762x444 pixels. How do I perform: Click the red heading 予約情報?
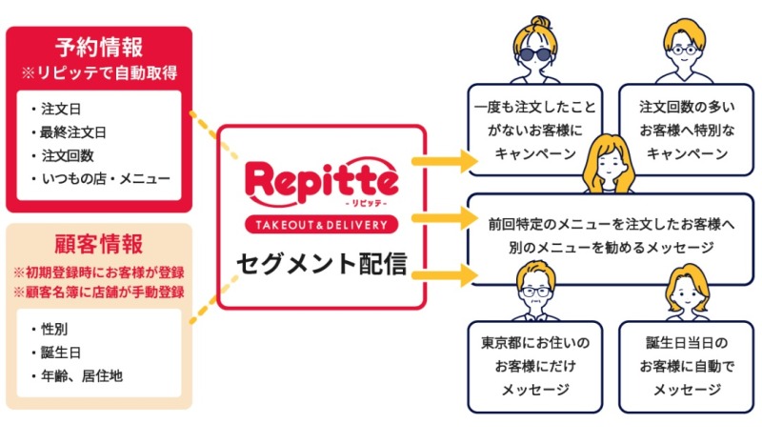click(99, 48)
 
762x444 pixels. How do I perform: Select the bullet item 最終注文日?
click(73, 132)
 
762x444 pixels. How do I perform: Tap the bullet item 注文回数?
click(67, 155)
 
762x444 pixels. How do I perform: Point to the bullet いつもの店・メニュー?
click(106, 178)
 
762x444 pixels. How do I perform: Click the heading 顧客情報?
click(99, 244)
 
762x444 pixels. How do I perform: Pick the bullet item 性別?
click(54, 330)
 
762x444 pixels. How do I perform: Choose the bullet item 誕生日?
click(61, 353)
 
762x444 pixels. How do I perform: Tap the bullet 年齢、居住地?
click(82, 376)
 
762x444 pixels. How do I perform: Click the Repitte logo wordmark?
click(321, 182)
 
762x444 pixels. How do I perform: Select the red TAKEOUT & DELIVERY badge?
click(321, 225)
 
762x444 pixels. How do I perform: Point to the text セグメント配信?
click(321, 264)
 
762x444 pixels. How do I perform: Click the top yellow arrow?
click(445, 160)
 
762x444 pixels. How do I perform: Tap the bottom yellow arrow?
click(445, 275)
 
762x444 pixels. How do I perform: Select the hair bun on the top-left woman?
click(540, 22)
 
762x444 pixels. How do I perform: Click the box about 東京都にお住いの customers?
click(535, 367)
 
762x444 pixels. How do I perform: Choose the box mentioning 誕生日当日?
click(686, 367)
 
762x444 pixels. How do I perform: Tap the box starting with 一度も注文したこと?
click(535, 130)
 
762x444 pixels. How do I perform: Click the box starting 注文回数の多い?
click(686, 130)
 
